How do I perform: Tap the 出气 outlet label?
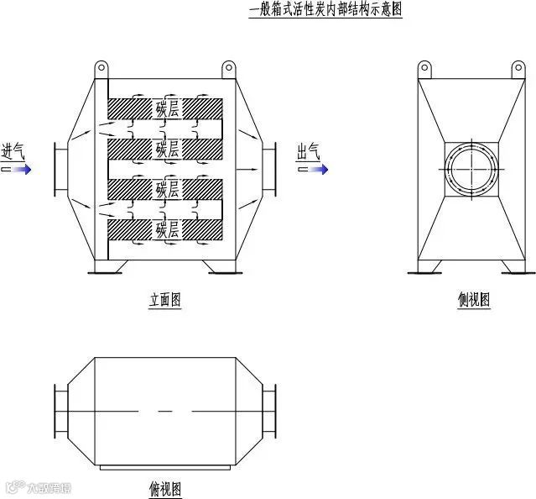point(309,151)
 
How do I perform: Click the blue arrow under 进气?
point(18,169)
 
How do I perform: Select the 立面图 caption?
point(165,300)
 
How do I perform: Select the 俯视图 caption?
point(165,488)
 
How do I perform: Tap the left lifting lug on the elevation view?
point(101,68)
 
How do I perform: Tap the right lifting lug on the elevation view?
point(228,68)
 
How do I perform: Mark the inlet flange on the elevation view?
point(58,169)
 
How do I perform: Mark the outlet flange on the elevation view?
point(270,169)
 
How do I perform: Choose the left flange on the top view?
point(58,411)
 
